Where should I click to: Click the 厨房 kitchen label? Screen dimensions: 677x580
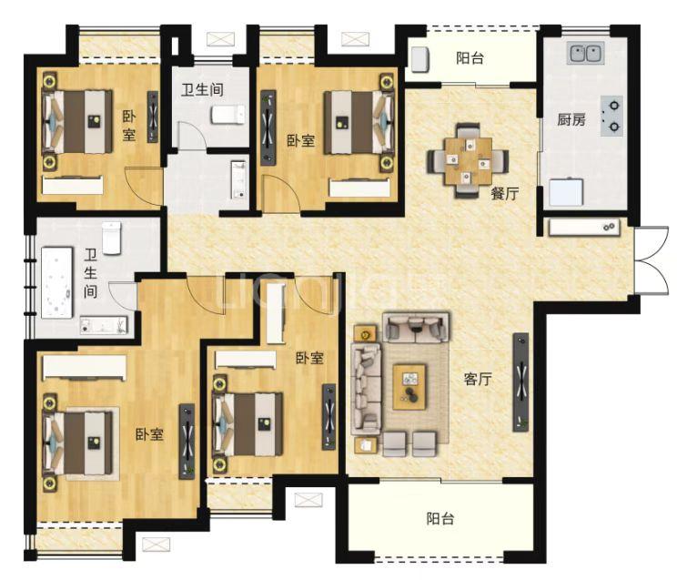(x=571, y=119)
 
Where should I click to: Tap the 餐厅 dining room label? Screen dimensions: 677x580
(x=504, y=193)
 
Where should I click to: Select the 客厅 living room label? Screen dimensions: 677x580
(x=478, y=379)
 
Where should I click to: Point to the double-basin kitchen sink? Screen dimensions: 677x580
(x=585, y=53)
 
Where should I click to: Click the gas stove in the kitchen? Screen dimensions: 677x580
(x=611, y=117)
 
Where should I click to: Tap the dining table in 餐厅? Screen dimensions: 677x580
(x=468, y=161)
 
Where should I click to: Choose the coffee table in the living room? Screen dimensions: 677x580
(x=409, y=386)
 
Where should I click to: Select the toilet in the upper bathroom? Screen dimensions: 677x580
(x=228, y=115)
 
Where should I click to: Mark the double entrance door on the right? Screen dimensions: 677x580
(x=652, y=260)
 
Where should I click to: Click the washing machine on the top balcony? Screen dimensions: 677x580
(x=419, y=59)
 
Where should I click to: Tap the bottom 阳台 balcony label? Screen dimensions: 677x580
(x=440, y=519)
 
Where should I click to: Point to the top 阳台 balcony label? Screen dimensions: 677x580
(x=470, y=58)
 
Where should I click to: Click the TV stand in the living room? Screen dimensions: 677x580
(x=520, y=382)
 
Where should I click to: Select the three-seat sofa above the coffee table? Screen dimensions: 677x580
(x=415, y=326)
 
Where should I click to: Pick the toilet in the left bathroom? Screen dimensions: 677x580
(x=112, y=238)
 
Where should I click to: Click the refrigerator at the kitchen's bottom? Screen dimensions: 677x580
(x=566, y=191)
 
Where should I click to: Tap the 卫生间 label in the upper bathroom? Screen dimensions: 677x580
(x=202, y=89)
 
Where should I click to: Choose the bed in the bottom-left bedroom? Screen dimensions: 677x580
(x=80, y=443)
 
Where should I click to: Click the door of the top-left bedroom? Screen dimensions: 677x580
(x=144, y=187)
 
